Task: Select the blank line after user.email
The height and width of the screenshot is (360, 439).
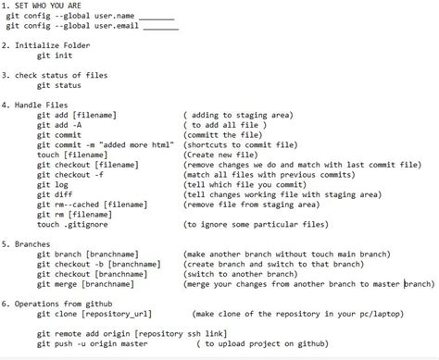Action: tap(160, 28)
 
